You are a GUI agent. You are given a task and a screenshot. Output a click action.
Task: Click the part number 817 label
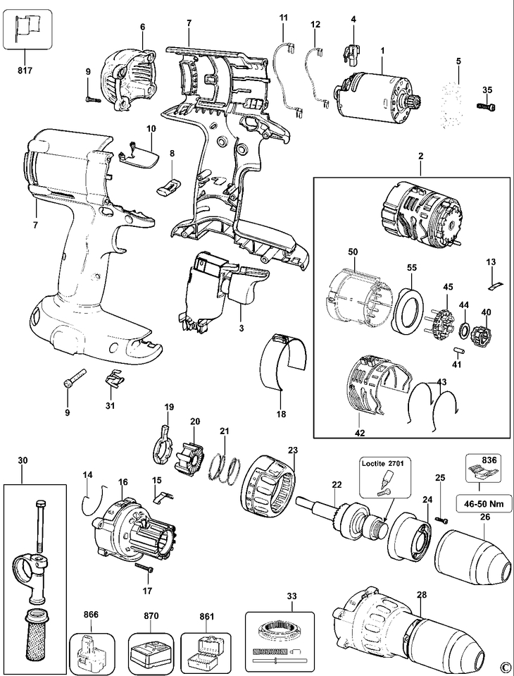pyautogui.click(x=25, y=70)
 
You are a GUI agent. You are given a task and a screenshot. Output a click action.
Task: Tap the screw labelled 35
pyautogui.click(x=486, y=105)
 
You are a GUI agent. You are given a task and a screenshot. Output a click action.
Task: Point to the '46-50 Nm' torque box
pyautogui.click(x=484, y=503)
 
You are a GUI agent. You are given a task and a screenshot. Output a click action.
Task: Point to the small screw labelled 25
pyautogui.click(x=440, y=521)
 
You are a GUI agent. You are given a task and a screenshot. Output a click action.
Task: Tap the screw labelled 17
pyautogui.click(x=144, y=567)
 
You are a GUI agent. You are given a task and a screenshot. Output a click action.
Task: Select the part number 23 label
pyautogui.click(x=293, y=450)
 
